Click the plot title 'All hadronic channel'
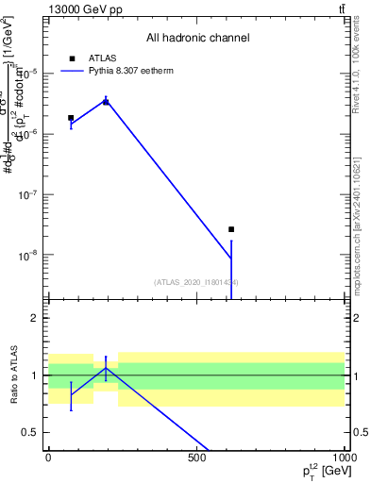click(197, 38)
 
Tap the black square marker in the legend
click(72, 58)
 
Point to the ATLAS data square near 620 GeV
click(231, 229)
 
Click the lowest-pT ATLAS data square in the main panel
click(71, 118)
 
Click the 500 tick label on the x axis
click(196, 457)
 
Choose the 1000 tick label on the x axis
click(343, 457)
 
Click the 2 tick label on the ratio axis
click(34, 319)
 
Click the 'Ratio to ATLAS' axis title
click(13, 375)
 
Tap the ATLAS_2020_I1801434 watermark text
click(195, 282)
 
